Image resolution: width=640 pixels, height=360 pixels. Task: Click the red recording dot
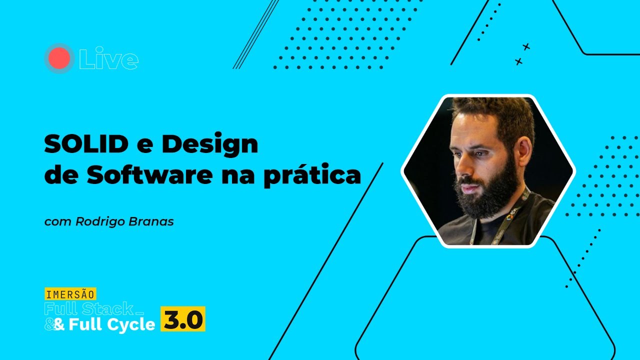pyautogui.click(x=59, y=58)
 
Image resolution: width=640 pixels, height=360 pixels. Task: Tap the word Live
pyautogui.click(x=108, y=59)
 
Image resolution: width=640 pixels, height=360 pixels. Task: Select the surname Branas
pyautogui.click(x=154, y=221)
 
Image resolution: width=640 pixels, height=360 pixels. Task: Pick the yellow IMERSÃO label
pyautogui.click(x=70, y=293)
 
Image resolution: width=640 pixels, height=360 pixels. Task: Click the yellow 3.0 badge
pyautogui.click(x=182, y=319)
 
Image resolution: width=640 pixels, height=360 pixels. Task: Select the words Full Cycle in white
pyautogui.click(x=111, y=325)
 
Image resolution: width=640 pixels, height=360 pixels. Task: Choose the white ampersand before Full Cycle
pyautogui.click(x=59, y=325)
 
